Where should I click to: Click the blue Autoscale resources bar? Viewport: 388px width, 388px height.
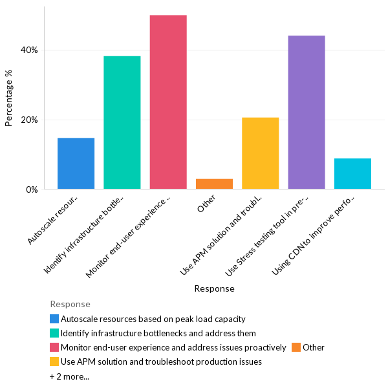click(x=76, y=163)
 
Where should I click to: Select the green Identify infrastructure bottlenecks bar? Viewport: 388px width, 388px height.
click(x=122, y=122)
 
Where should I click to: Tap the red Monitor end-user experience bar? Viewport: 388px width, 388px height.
click(x=168, y=102)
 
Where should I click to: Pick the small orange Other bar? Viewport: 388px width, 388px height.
click(x=214, y=184)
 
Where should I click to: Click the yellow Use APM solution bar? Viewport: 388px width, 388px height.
click(x=260, y=153)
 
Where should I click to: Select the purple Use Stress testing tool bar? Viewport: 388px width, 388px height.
click(x=307, y=112)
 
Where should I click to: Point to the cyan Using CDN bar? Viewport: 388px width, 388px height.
click(x=352, y=173)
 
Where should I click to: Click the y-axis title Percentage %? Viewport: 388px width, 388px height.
click(x=9, y=98)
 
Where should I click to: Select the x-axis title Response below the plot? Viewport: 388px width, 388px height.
click(x=214, y=288)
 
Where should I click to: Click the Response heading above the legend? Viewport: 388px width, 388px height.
click(x=70, y=304)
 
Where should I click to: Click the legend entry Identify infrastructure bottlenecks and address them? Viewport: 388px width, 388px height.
click(x=158, y=333)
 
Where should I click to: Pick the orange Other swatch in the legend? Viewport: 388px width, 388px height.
click(x=296, y=347)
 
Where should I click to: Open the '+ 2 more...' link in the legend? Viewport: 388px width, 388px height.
click(x=69, y=376)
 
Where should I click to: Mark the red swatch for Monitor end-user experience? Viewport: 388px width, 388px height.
click(x=54, y=347)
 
